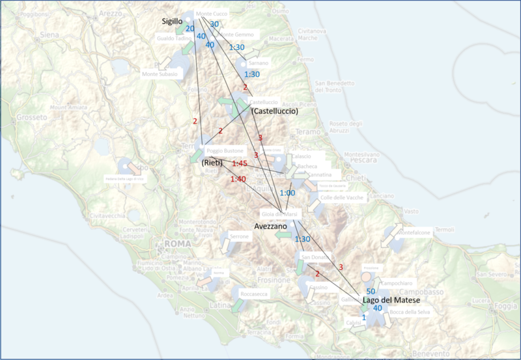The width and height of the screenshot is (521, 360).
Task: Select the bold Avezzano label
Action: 271,225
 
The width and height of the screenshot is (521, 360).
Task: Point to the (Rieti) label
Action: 214,161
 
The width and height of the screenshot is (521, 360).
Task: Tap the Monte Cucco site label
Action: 212,14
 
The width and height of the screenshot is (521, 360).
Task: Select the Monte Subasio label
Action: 159,75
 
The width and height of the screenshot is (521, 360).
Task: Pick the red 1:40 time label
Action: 238,179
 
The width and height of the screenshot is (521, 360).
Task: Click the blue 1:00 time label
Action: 287,193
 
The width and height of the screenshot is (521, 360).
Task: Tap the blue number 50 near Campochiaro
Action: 371,291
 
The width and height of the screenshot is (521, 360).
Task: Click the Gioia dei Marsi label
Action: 275,215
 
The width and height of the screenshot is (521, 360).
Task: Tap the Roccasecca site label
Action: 254,293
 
